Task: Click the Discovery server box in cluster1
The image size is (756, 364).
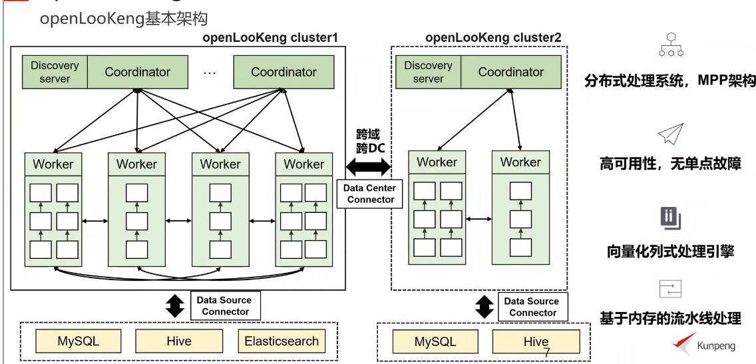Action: click(55, 72)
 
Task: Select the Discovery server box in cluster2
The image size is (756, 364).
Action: click(428, 72)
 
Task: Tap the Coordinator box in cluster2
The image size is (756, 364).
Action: click(510, 72)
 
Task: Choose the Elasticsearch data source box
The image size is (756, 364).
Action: click(282, 342)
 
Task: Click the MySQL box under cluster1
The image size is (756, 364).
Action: click(79, 342)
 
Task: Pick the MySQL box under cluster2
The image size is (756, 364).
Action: click(435, 342)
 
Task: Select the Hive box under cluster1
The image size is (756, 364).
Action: click(178, 342)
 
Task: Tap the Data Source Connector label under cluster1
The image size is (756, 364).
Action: click(225, 306)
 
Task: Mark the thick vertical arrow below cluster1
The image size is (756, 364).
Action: click(174, 306)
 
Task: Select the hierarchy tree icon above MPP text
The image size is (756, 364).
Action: click(670, 44)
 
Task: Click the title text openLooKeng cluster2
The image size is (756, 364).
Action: click(493, 38)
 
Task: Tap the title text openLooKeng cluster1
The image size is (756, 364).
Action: click(270, 38)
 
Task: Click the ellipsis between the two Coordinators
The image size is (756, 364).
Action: click(210, 72)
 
